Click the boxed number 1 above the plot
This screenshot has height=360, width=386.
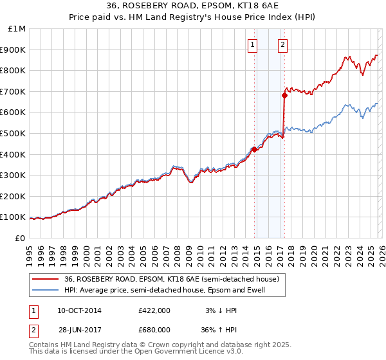(252, 44)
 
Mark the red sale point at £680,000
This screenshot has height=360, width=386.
(284, 95)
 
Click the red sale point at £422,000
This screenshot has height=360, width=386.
(254, 149)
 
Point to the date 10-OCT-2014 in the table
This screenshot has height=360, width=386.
(79, 310)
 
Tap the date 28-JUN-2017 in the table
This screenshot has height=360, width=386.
(79, 331)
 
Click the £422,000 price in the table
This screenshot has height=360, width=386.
(154, 310)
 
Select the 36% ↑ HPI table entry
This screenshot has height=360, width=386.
(219, 331)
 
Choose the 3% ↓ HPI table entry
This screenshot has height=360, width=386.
(219, 310)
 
